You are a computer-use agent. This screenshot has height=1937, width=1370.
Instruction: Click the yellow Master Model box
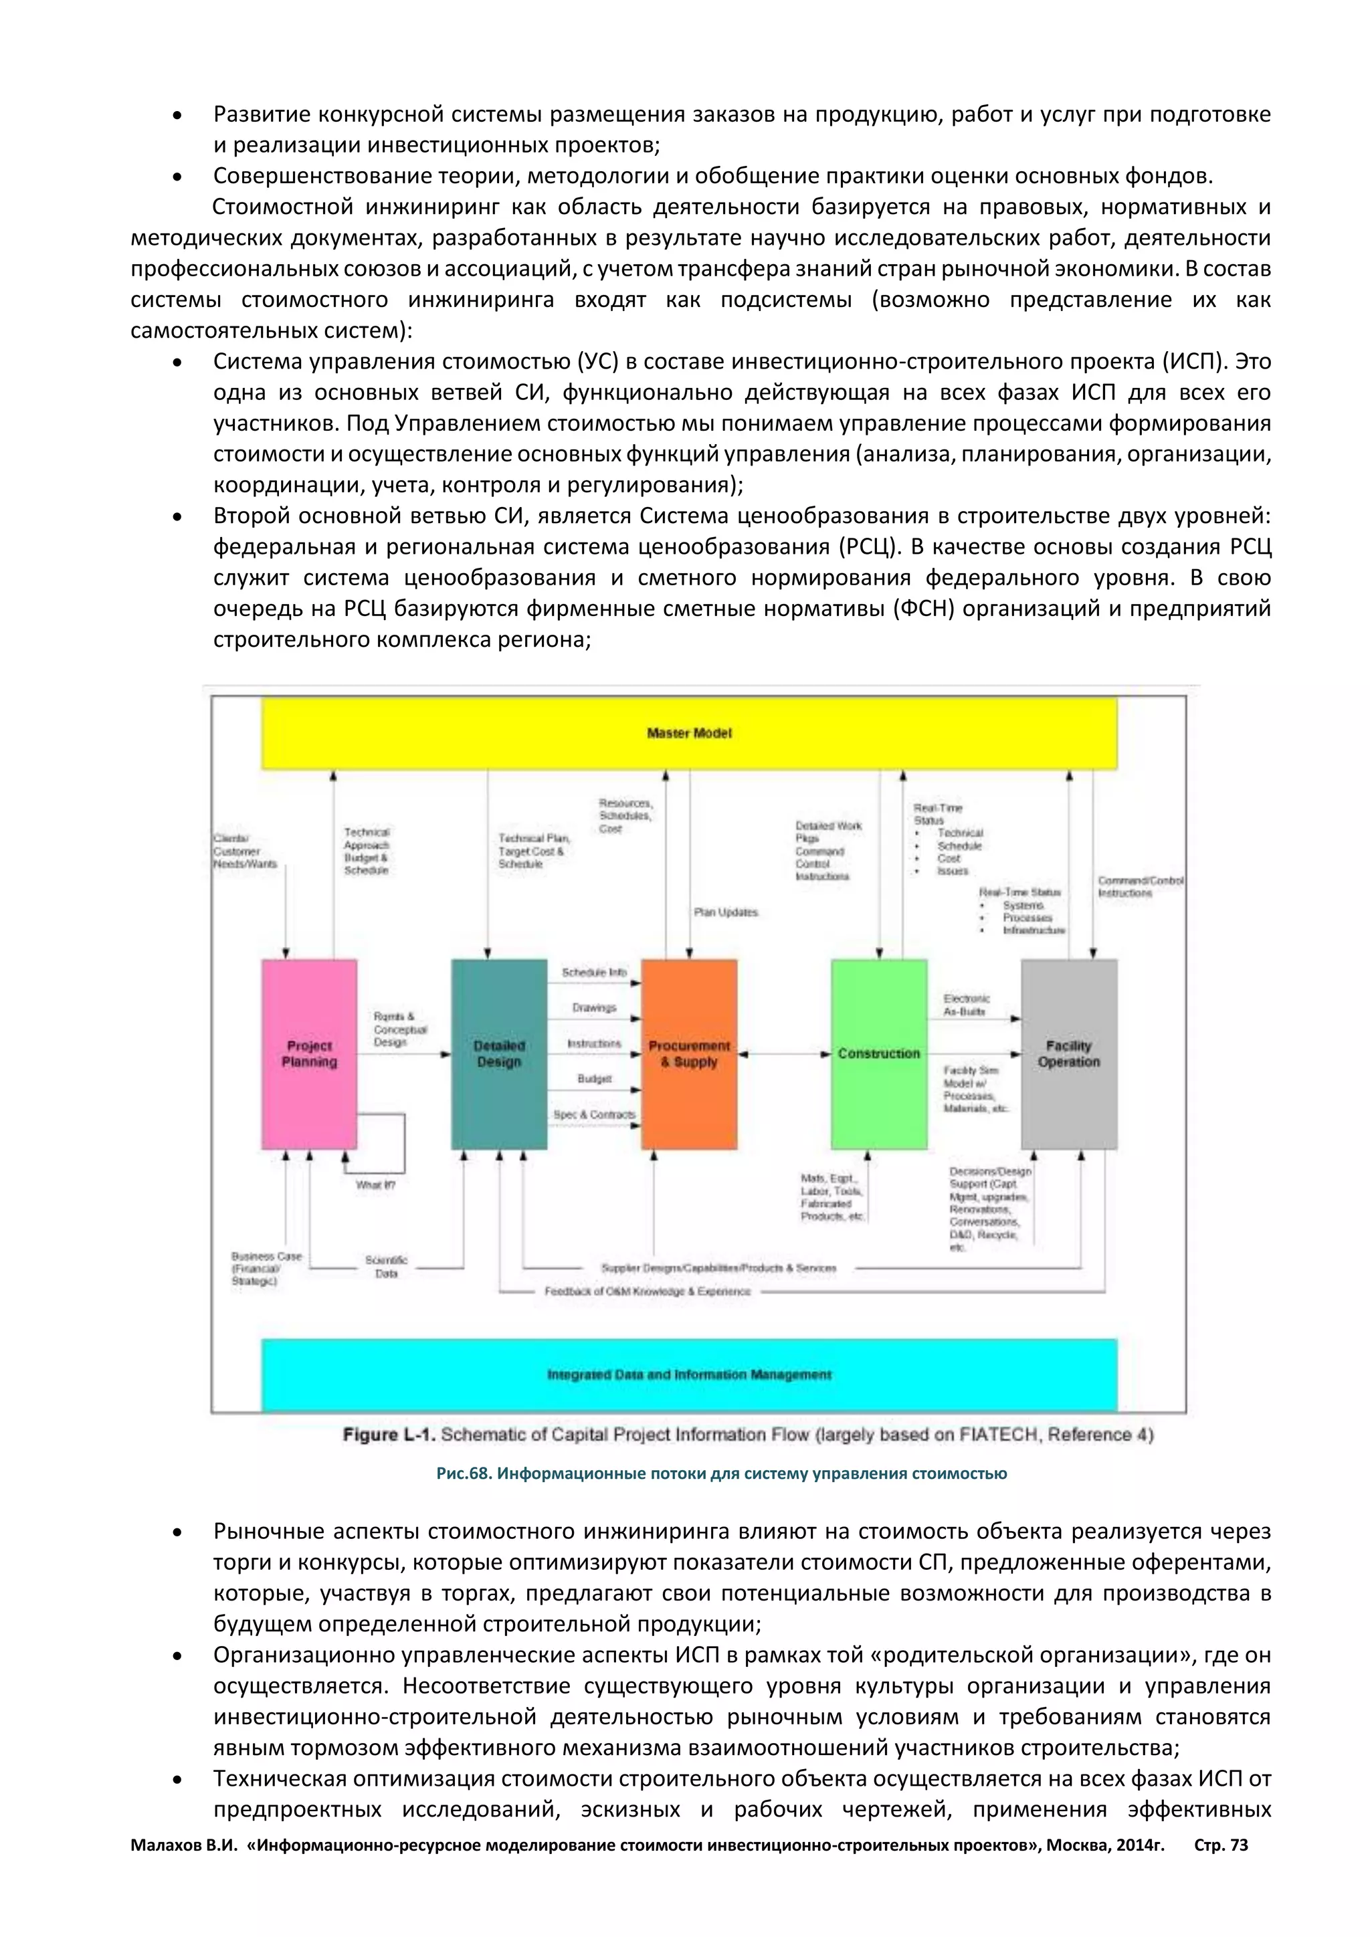coord(688,733)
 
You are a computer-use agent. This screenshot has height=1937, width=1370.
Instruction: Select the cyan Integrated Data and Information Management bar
coord(688,1375)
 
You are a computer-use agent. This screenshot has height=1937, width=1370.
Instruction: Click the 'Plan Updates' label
coord(726,912)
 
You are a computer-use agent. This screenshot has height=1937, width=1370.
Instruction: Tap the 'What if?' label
coord(375,1185)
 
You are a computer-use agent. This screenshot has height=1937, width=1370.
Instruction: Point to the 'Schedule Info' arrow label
coord(594,972)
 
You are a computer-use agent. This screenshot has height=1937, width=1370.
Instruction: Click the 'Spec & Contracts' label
coord(594,1114)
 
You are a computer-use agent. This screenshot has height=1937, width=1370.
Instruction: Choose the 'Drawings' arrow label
coord(594,1007)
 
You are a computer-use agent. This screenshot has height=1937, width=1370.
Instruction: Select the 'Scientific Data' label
coord(387,1266)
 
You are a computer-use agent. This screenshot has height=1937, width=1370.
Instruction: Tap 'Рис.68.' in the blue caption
coord(462,1474)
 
